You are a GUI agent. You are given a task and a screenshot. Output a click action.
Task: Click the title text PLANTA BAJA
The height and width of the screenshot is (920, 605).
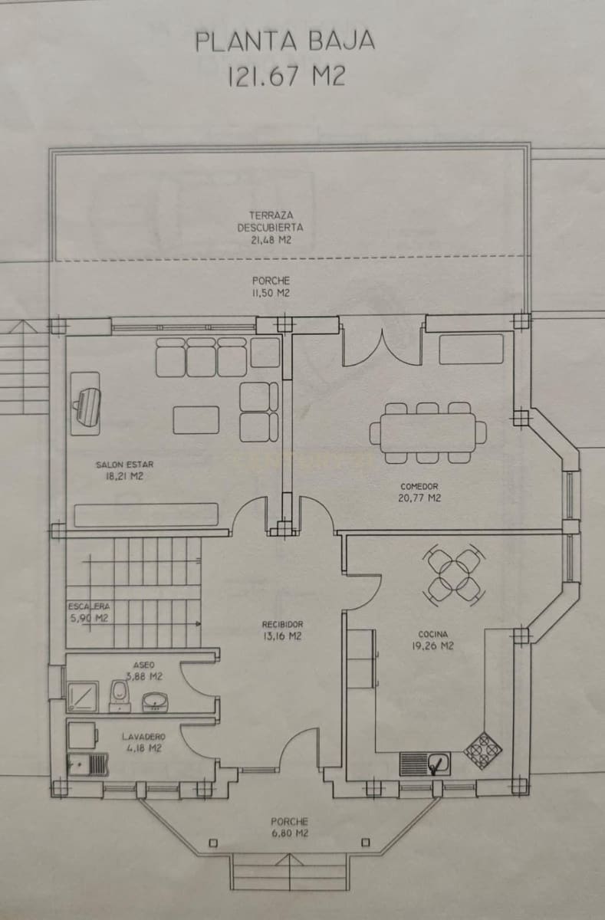click(x=284, y=41)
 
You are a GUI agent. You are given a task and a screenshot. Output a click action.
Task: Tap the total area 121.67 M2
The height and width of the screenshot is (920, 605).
click(x=284, y=76)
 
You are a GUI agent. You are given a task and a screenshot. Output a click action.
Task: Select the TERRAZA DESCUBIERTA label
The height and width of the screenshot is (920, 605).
click(x=270, y=228)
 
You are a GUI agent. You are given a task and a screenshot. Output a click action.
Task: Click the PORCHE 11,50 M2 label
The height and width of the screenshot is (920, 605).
click(x=271, y=287)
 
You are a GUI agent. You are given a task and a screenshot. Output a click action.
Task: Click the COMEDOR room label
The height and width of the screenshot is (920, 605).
click(x=419, y=491)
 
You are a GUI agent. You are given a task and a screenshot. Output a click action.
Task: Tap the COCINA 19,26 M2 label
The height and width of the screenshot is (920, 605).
click(x=433, y=639)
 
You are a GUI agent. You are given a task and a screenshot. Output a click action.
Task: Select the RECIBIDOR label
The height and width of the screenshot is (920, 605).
click(x=283, y=629)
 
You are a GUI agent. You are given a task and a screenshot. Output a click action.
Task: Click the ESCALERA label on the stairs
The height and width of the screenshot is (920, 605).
click(x=87, y=611)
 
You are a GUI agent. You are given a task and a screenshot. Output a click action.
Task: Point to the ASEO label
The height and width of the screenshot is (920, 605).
click(x=144, y=671)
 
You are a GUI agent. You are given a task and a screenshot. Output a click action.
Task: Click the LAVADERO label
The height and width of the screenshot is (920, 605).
click(x=142, y=741)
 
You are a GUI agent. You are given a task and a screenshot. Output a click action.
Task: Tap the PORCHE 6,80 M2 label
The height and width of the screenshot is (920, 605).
click(x=289, y=826)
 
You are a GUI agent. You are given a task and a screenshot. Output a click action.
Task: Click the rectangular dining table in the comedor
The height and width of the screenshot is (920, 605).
click(x=428, y=432)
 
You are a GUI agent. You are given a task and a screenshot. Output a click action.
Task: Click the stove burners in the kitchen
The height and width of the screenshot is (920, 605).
click(x=483, y=749)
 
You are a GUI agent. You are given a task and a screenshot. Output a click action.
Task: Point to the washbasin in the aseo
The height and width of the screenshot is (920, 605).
click(x=156, y=700)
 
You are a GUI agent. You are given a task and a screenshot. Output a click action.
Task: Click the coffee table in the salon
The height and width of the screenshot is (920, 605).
click(x=196, y=420)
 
